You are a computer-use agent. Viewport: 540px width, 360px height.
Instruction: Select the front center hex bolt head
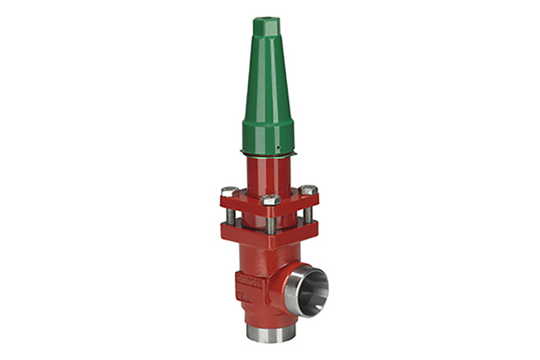(x=269, y=200)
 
